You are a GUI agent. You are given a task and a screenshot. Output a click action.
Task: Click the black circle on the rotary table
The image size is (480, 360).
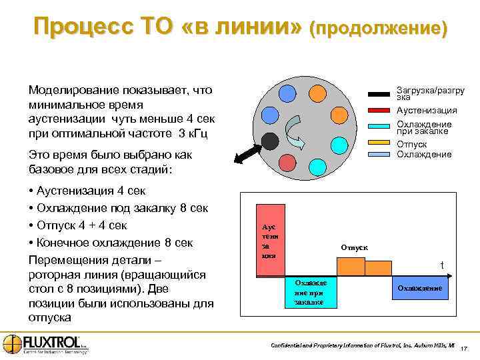pos(269,141)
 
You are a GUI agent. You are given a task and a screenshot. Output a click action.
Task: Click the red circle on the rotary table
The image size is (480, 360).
pos(285,162)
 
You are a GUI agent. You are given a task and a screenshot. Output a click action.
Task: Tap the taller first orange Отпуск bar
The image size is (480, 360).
pos(351,266)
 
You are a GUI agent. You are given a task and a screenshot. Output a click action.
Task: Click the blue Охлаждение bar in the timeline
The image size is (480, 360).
pos(420,288)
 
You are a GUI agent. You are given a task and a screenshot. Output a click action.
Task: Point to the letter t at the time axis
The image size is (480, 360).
pos(441,265)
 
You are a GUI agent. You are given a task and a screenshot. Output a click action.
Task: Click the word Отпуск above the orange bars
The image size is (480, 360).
pos(354,247)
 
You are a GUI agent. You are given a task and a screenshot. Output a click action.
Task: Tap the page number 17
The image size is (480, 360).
pos(465,348)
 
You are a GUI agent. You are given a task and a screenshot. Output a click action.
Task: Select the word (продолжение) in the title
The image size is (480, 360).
pos(378,29)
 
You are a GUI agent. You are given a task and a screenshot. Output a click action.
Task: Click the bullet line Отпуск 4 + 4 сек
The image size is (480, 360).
pos(83,225)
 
